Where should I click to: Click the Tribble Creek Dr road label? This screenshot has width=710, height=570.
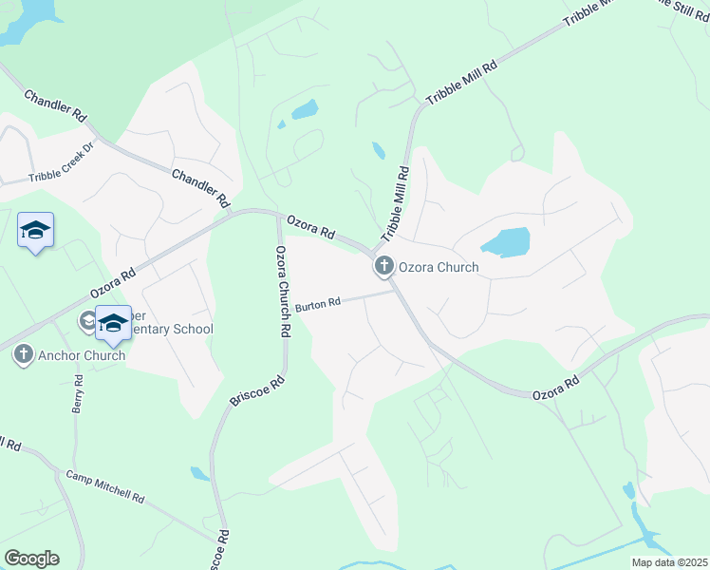63,161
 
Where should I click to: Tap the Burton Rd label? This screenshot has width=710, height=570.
317,305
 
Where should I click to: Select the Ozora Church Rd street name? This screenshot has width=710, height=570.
282,292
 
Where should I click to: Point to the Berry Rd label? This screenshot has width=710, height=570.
79,393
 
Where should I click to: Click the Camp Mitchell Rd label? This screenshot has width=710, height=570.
104,485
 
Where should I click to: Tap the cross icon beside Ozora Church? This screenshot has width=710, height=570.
384,267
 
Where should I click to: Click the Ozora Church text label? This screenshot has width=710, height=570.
438,268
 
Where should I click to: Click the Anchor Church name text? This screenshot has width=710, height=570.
82,355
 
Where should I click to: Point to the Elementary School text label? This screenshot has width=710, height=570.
171,329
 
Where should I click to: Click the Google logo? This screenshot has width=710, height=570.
31,559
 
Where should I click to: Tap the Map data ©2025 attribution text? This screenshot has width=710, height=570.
668,562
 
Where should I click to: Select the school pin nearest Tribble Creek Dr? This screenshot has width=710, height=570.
36,231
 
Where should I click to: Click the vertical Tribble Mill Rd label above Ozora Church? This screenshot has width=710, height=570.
395,205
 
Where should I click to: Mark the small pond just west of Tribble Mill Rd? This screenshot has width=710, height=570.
379,150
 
